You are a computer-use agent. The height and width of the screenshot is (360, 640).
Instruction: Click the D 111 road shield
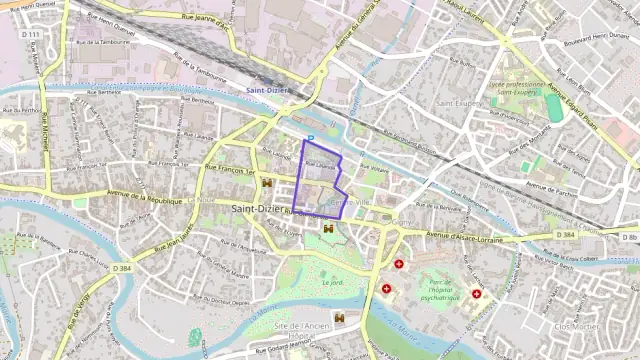click(x=32, y=35)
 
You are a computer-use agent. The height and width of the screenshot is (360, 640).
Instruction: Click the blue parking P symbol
click(x=311, y=138)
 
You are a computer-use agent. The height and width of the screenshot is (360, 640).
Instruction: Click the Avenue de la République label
click(x=144, y=199)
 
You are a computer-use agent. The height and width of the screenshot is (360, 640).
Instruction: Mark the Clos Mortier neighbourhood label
click(x=575, y=326)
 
